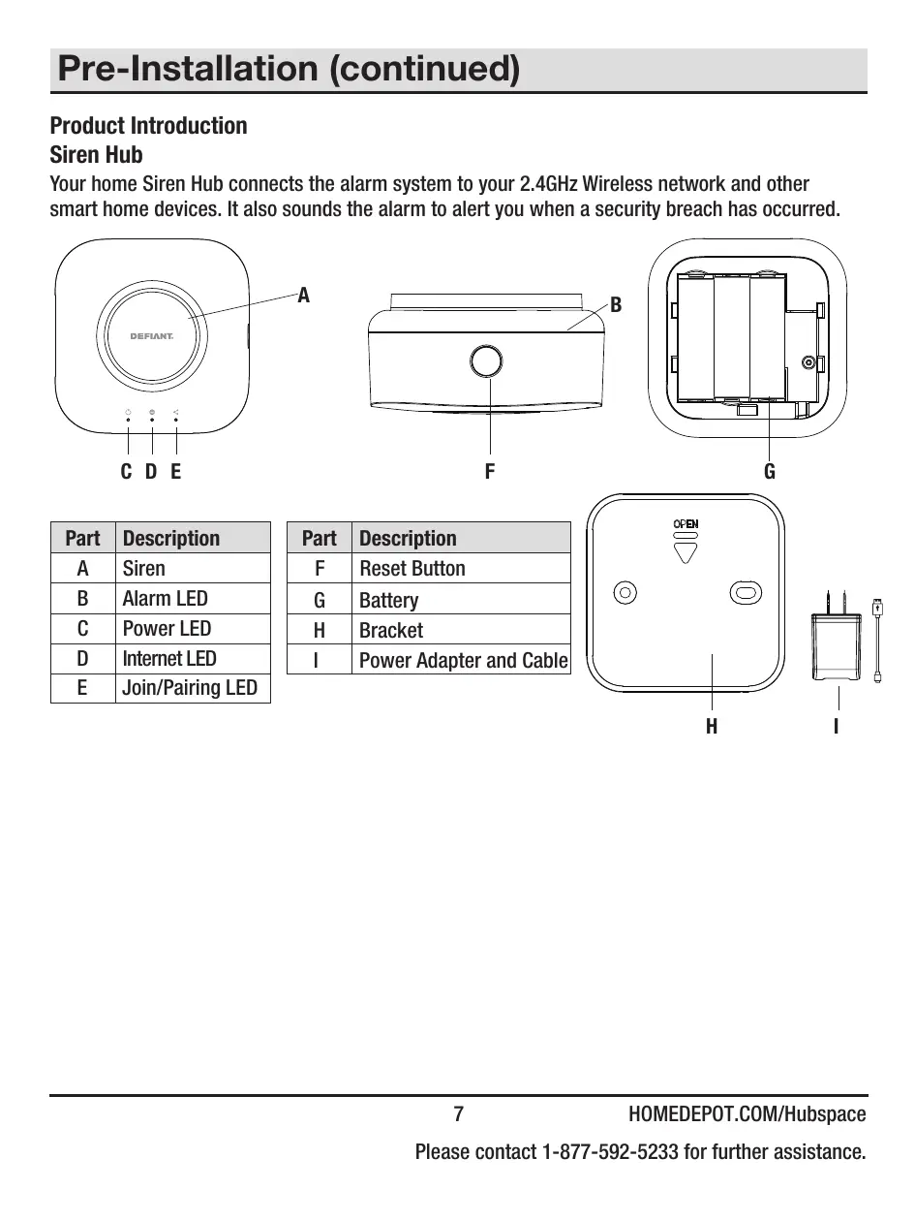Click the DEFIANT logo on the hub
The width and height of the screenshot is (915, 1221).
point(151,337)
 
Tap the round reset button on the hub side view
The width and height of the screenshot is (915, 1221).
point(486,361)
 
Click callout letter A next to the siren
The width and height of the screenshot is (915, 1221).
point(303,295)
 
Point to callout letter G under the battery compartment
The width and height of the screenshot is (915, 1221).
point(770,472)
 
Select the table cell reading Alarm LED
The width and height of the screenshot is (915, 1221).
point(165,599)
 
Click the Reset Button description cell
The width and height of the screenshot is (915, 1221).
point(412,569)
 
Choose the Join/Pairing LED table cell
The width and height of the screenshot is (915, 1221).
point(190,688)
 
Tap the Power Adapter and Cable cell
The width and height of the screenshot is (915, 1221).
point(463,661)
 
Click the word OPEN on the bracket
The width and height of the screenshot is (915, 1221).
point(686,524)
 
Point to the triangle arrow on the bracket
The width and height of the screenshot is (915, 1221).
point(686,552)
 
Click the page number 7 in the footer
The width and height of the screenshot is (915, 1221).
point(459,1114)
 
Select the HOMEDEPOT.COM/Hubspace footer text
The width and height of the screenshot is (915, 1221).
point(747,1114)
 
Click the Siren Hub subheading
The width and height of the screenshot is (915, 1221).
point(96,155)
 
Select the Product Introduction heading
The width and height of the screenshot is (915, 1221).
point(148,126)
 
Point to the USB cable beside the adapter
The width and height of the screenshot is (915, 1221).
point(877,640)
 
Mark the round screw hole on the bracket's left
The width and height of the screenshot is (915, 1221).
point(625,591)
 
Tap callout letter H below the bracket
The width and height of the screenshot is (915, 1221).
point(712,726)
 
